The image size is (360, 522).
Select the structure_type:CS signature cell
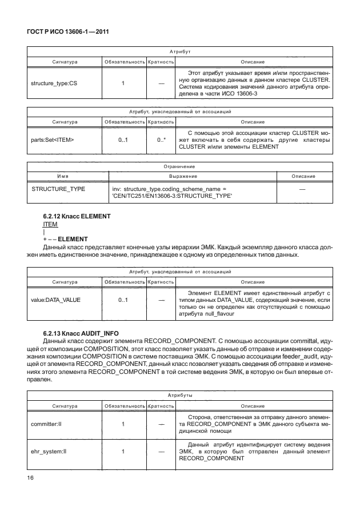pyautogui.click(x=54, y=84)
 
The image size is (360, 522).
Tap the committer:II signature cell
pyautogui.click(x=49, y=425)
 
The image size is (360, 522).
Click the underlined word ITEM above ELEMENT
pyautogui.click(x=43, y=225)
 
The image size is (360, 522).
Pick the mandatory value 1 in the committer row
pyautogui.click(x=123, y=425)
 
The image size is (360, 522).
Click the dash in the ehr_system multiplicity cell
pyautogui.click(x=161, y=452)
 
